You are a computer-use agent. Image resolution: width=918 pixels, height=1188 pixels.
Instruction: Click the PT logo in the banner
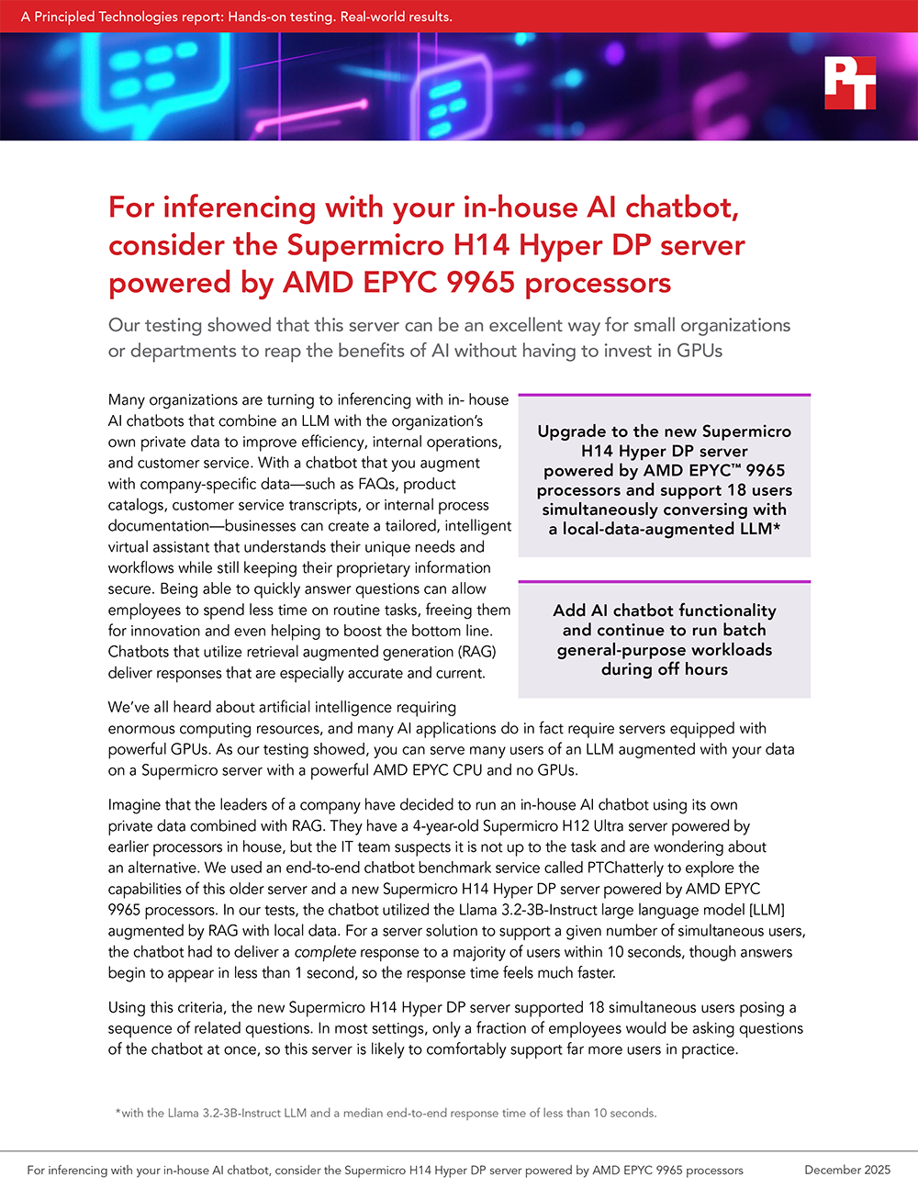(849, 84)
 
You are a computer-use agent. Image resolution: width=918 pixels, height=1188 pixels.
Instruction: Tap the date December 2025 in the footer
(847, 1170)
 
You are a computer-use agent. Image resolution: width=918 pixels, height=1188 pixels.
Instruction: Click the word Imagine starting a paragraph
(139, 804)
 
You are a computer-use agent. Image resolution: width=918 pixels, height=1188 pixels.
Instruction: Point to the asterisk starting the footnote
(118, 1112)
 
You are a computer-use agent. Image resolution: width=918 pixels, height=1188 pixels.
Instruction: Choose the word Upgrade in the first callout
(572, 431)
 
